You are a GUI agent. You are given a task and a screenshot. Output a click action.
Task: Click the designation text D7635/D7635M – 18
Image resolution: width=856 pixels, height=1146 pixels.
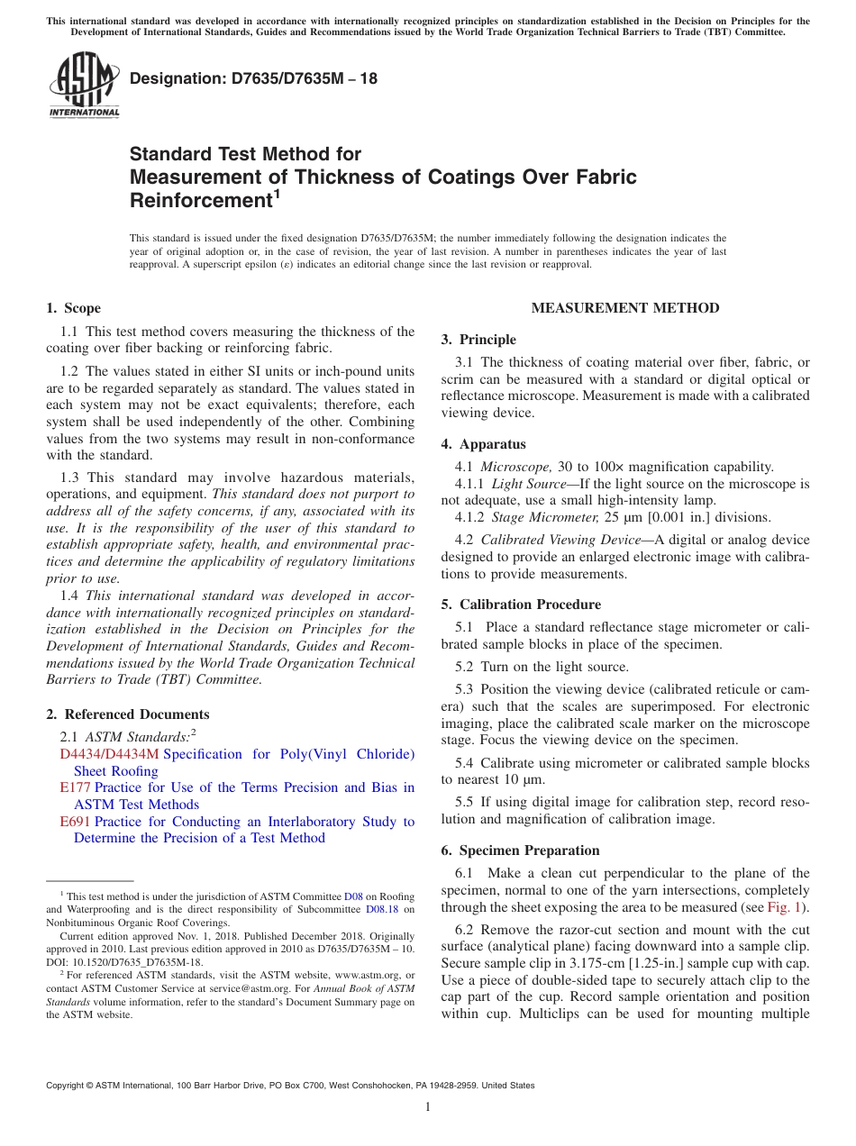tap(253, 79)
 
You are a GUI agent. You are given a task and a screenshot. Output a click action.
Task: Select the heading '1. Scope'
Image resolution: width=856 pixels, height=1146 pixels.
tap(74, 308)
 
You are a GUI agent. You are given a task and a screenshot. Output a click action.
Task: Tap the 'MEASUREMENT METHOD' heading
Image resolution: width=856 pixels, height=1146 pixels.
tap(625, 308)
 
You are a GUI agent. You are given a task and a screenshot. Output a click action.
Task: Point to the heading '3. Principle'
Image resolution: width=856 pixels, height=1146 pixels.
tap(478, 340)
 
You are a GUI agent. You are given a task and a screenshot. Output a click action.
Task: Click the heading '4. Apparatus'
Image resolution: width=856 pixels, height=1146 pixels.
tap(483, 444)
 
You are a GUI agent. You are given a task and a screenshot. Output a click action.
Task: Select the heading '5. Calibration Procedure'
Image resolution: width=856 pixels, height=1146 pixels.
tap(521, 605)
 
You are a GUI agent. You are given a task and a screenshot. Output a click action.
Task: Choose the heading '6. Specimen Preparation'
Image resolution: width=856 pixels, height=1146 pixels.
tap(520, 850)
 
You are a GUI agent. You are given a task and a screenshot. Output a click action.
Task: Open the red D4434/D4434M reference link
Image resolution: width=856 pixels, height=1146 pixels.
tap(109, 754)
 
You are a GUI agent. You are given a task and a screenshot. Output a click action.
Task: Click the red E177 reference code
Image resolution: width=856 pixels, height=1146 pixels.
tap(75, 787)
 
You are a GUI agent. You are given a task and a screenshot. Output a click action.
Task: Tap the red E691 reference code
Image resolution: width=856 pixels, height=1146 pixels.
tap(75, 822)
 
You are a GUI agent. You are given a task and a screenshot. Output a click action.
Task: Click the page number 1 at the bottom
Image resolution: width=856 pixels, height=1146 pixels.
tap(428, 1106)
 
